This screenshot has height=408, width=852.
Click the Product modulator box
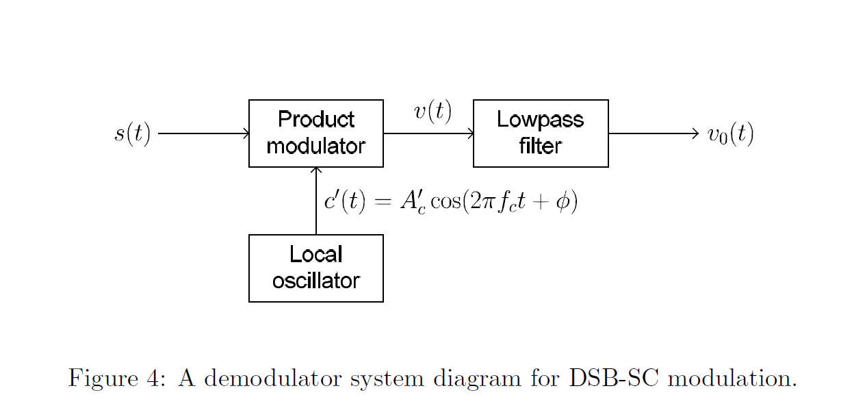tap(315, 133)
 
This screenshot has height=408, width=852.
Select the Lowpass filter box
tap(540, 133)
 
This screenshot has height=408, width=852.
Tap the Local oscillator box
tap(315, 268)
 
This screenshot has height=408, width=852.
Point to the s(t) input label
tap(132, 133)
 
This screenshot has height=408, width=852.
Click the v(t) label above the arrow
tap(433, 112)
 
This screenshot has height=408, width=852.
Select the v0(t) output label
tap(730, 134)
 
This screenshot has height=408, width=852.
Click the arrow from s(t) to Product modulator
tap(203, 133)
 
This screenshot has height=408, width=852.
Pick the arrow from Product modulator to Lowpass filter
tap(428, 133)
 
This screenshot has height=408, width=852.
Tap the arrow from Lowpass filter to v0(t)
tap(653, 133)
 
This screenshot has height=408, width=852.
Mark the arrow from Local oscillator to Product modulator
tap(316, 201)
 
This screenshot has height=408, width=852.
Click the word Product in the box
tap(315, 120)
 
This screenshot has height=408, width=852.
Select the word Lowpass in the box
tap(540, 120)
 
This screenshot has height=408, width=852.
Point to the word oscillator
tap(315, 281)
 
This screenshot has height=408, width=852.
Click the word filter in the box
tap(540, 146)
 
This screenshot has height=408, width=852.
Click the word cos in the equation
tap(446, 203)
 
